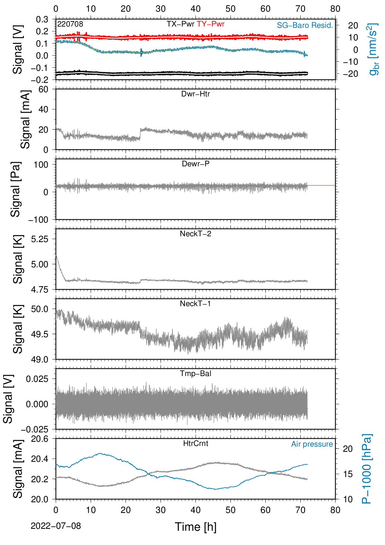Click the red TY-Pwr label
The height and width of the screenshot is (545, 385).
click(x=210, y=24)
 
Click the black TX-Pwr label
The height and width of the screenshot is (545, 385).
click(x=180, y=24)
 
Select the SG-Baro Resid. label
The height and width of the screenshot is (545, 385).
click(x=305, y=25)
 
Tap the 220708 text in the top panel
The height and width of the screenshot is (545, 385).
click(x=70, y=24)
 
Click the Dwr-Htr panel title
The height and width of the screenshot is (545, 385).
click(x=195, y=94)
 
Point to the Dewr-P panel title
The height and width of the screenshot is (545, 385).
click(x=195, y=164)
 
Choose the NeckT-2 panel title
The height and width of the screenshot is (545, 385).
click(x=195, y=234)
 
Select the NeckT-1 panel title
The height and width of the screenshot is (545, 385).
click(x=195, y=303)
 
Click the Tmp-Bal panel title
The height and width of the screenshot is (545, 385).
click(x=195, y=373)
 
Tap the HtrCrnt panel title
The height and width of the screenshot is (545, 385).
click(x=195, y=443)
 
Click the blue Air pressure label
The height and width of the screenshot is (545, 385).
click(x=312, y=444)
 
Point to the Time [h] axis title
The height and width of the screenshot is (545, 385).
click(x=195, y=527)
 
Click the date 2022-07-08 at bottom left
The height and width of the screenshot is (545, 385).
click(x=56, y=526)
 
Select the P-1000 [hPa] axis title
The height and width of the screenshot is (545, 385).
click(x=367, y=469)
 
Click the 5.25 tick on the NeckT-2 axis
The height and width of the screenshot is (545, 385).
click(x=40, y=239)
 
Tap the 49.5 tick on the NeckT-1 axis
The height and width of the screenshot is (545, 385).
click(x=40, y=334)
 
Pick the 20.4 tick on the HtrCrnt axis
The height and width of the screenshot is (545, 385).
click(x=40, y=459)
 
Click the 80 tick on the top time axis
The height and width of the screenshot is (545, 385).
click(x=335, y=9)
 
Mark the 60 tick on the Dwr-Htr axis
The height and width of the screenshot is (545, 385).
click(x=43, y=90)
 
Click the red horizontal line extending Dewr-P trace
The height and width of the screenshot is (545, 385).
click(x=321, y=185)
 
